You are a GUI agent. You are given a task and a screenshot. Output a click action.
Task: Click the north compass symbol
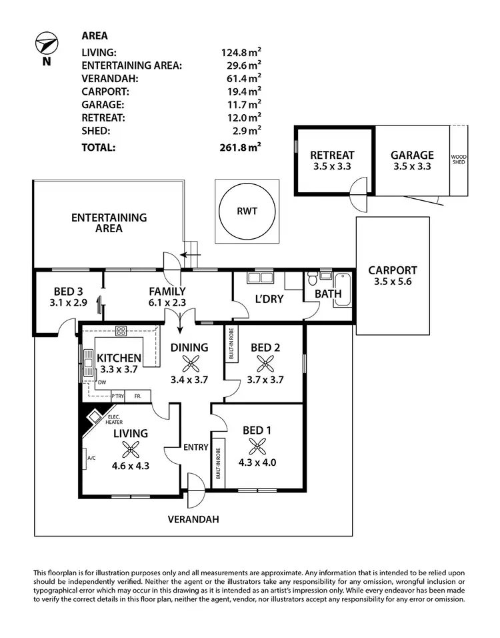tap(46, 45)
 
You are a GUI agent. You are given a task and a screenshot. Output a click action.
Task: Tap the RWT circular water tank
tap(246, 212)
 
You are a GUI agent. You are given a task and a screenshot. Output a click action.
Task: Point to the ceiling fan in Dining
tap(191, 364)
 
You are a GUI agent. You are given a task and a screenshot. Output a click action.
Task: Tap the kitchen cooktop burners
tap(121, 330)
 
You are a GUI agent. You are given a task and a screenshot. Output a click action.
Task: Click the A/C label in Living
tap(91, 458)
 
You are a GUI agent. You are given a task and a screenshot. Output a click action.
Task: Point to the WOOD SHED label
tap(459, 160)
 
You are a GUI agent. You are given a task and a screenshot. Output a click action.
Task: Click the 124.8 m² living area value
tap(241, 51)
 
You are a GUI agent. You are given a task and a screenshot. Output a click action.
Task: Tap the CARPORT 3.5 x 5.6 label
tap(393, 276)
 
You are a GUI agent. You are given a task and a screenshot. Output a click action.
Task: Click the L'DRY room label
tap(268, 299)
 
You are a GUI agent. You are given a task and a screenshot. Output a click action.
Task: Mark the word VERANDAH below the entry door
tap(193, 519)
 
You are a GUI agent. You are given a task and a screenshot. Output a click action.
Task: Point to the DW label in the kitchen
tap(101, 382)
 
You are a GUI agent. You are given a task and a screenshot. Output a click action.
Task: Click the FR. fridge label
tap(138, 396)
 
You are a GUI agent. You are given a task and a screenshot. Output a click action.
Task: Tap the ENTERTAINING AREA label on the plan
tap(109, 223)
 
